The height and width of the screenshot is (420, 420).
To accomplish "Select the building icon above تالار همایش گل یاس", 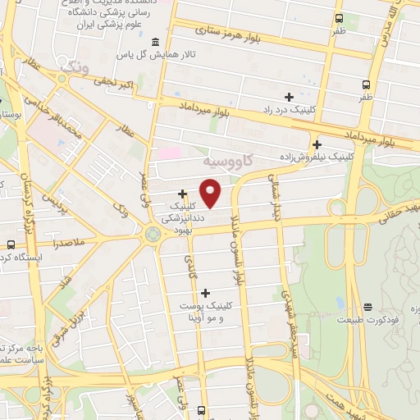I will tap(155, 42).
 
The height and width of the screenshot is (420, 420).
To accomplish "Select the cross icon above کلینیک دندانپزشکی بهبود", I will tap(182, 194).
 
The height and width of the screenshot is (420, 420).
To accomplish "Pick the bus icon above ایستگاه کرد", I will tap(11, 244).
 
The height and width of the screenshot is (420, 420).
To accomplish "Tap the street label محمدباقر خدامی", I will tap(62, 123).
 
